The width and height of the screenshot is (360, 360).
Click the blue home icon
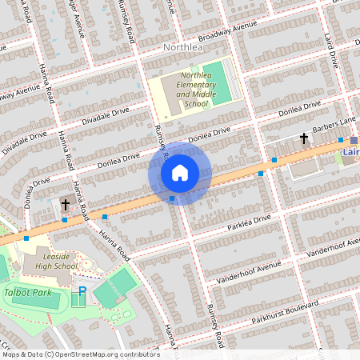180,172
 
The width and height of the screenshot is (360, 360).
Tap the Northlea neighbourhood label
183,48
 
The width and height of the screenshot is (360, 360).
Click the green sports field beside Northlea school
217,82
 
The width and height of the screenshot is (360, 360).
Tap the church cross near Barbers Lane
304,139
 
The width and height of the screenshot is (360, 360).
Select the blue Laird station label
350,150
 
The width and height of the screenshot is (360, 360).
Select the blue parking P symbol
81,293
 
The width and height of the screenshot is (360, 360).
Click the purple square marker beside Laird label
354,140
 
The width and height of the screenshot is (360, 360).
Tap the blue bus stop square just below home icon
172,198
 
